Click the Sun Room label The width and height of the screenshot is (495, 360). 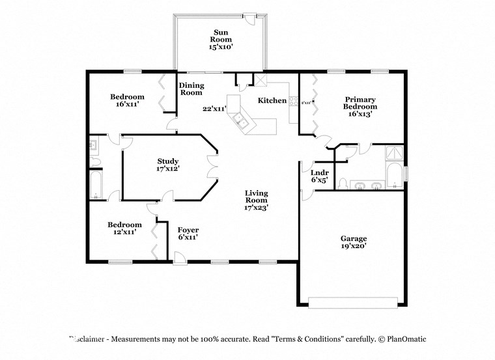pos(220,39)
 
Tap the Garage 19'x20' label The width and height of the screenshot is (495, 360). pos(353,242)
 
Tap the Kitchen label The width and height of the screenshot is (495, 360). pos(272,100)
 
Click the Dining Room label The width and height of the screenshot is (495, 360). pos(191,89)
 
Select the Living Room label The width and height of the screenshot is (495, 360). pos(257,200)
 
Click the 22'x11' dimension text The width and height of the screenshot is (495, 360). pos(214,109)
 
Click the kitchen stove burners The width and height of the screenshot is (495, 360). pos(293,102)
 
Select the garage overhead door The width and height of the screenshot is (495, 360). pos(352,301)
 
